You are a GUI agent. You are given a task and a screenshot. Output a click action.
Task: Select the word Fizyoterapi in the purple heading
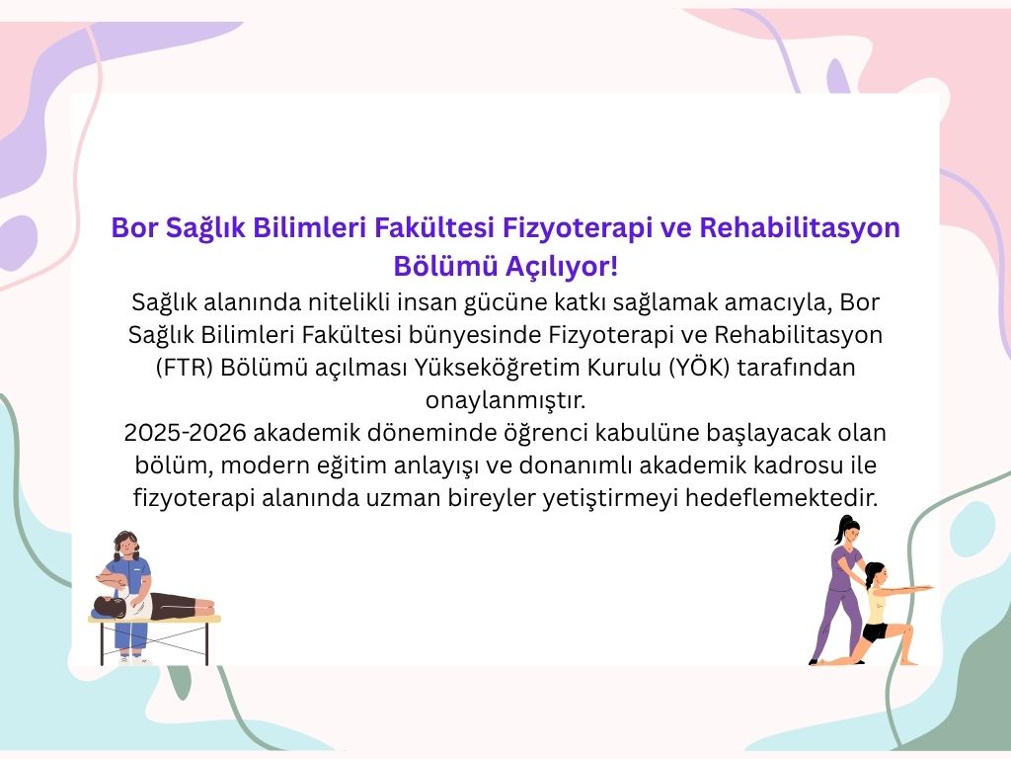click(577, 228)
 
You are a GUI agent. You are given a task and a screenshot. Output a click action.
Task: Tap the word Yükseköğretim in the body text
click(498, 368)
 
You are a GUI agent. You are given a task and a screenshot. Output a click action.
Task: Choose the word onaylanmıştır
click(505, 400)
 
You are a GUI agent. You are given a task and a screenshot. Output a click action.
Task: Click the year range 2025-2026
click(185, 433)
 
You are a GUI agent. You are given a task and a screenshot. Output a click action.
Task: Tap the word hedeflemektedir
click(782, 498)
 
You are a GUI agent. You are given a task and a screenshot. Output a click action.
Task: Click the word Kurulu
click(624, 368)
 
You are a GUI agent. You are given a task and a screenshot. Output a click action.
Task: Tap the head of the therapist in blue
click(126, 546)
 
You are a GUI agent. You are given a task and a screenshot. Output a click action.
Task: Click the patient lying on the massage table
click(153, 606)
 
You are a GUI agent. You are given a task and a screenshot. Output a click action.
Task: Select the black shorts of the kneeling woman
click(877, 632)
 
